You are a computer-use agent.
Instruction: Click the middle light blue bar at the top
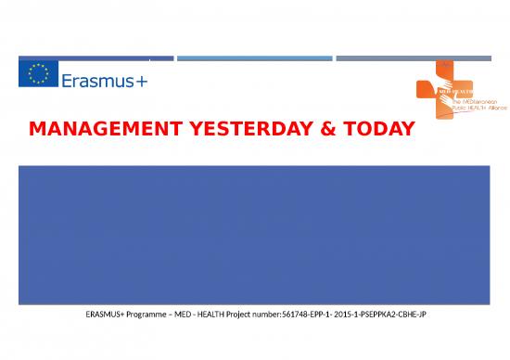(x=254, y=58)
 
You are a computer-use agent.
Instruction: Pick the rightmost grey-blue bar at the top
(x=414, y=58)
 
